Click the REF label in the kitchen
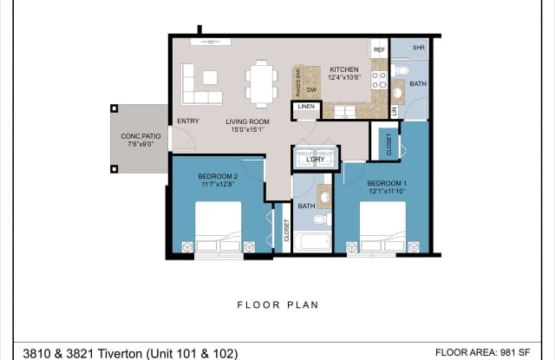(379, 51)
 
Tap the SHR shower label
(419, 48)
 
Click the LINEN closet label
(305, 107)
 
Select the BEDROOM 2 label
(219, 178)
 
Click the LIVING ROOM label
(247, 121)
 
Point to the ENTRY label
(188, 121)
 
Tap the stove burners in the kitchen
(379, 81)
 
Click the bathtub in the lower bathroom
(311, 239)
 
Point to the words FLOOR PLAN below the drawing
(277, 304)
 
